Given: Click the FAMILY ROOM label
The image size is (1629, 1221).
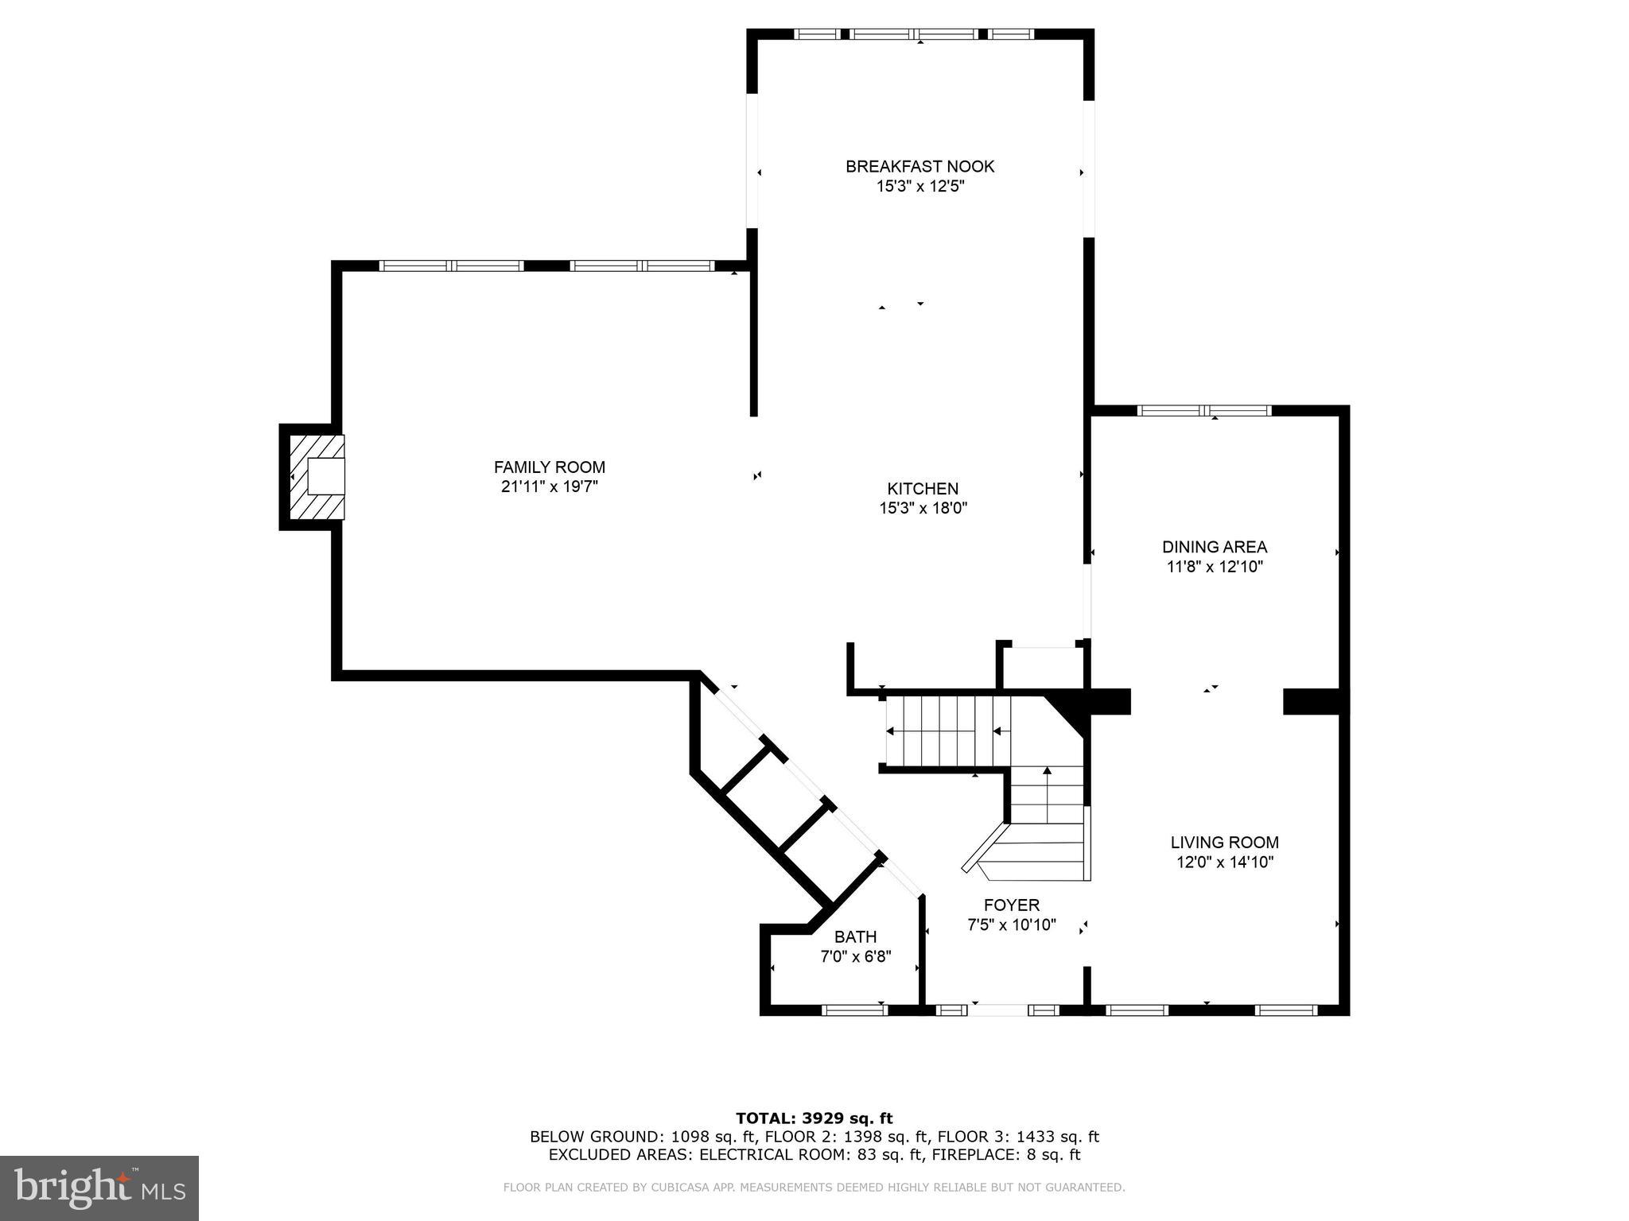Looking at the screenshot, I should click(x=549, y=467).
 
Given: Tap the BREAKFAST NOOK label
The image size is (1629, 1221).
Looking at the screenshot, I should click(x=919, y=166).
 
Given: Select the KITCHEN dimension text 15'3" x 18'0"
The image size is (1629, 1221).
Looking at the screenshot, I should click(x=923, y=508).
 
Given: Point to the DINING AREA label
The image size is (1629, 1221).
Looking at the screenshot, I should click(x=1214, y=547).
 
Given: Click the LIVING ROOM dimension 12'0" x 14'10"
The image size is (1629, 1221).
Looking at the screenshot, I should click(x=1225, y=862).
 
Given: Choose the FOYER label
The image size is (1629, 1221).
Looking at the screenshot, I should click(x=1011, y=905).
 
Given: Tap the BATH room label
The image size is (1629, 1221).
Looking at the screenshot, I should click(x=855, y=936).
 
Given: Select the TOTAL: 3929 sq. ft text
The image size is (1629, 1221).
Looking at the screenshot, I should click(x=814, y=1118).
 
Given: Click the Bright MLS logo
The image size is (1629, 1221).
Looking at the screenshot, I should click(x=99, y=1188).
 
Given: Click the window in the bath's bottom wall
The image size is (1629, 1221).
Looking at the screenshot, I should click(x=853, y=1010).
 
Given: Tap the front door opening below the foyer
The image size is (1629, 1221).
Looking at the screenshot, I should click(x=997, y=1010).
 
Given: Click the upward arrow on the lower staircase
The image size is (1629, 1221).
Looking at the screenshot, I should click(x=1047, y=771).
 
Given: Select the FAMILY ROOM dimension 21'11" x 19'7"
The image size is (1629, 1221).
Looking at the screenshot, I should click(x=549, y=486).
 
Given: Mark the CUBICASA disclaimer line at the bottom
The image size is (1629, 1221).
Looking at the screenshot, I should click(x=814, y=1188).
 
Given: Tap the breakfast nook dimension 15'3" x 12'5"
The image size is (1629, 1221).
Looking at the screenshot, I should click(x=919, y=187).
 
